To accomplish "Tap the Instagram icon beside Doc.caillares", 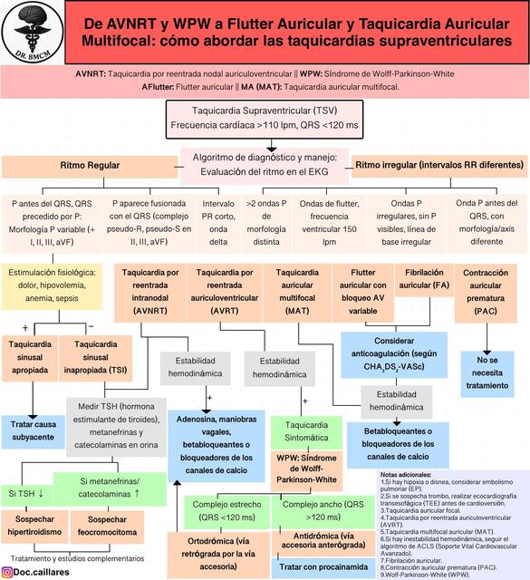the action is pos(9,571).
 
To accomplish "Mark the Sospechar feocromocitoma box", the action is pos(99,527).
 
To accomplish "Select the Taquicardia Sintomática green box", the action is pos(305,430).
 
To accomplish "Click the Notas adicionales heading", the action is pos(406,475).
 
